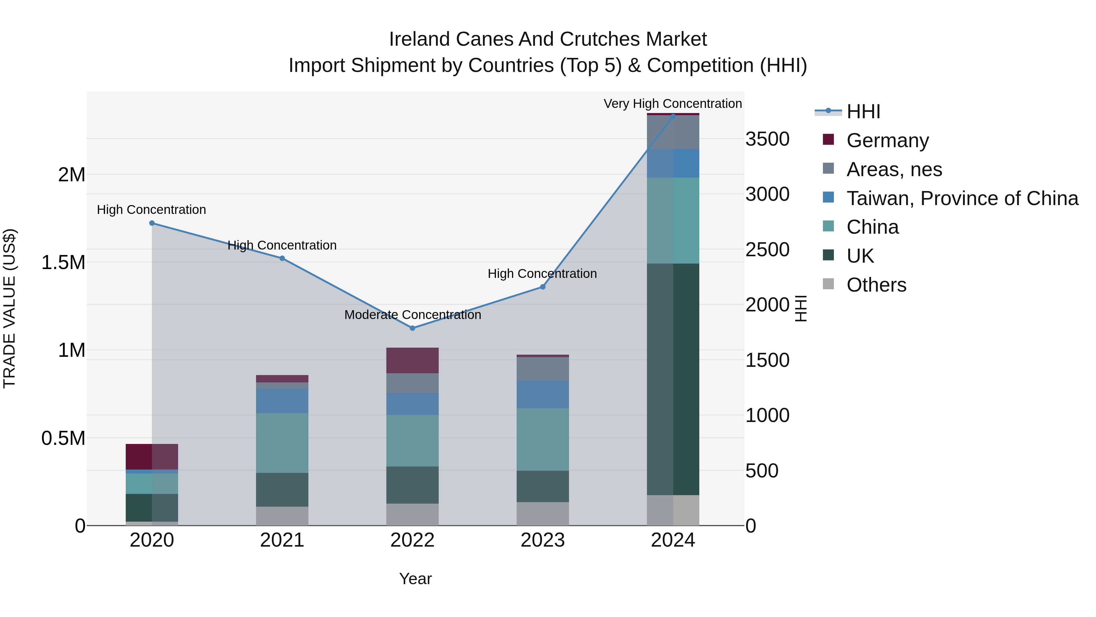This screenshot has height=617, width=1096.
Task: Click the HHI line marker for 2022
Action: (x=412, y=328)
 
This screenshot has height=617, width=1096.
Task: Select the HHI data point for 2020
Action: (x=152, y=223)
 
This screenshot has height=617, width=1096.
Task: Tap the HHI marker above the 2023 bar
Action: (x=543, y=287)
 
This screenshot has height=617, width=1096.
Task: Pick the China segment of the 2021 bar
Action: (x=282, y=443)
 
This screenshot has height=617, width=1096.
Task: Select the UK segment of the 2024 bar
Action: (x=673, y=379)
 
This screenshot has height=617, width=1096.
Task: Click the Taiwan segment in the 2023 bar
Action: (x=543, y=394)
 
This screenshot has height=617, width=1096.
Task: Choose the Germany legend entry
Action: (x=887, y=140)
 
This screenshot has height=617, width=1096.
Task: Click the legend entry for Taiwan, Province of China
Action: (x=961, y=198)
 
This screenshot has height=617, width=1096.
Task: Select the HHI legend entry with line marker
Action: (x=863, y=112)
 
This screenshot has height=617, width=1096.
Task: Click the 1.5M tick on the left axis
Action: (x=63, y=262)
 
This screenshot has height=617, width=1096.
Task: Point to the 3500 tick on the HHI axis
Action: (x=767, y=139)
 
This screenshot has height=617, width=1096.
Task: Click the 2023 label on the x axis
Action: (x=543, y=540)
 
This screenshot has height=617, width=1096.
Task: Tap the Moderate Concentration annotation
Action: (x=412, y=315)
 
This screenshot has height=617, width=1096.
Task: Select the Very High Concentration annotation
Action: (x=672, y=104)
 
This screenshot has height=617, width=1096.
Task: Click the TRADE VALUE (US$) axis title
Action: (x=9, y=308)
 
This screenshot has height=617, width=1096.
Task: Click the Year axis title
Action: (x=415, y=579)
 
